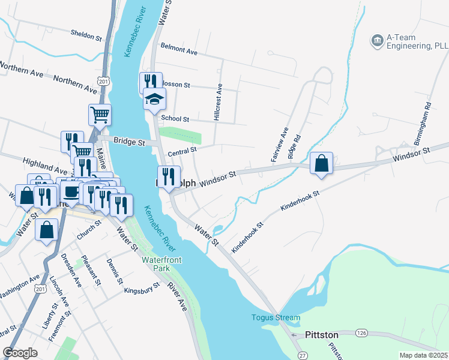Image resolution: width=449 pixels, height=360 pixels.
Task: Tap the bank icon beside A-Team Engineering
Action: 378,40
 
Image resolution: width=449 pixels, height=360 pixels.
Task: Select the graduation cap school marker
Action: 154,99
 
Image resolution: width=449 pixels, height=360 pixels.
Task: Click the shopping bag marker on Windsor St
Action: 322,164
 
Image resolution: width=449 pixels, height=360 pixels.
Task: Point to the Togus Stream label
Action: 276,317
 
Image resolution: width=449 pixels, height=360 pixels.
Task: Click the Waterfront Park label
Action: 157,264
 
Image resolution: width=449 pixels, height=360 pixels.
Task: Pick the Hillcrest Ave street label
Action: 218,101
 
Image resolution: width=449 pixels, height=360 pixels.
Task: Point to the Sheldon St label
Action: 86,36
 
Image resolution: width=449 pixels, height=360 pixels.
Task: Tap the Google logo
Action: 20,352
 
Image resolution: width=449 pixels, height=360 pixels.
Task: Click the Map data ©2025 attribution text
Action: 423,355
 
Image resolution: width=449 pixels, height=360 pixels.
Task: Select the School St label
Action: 175,119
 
